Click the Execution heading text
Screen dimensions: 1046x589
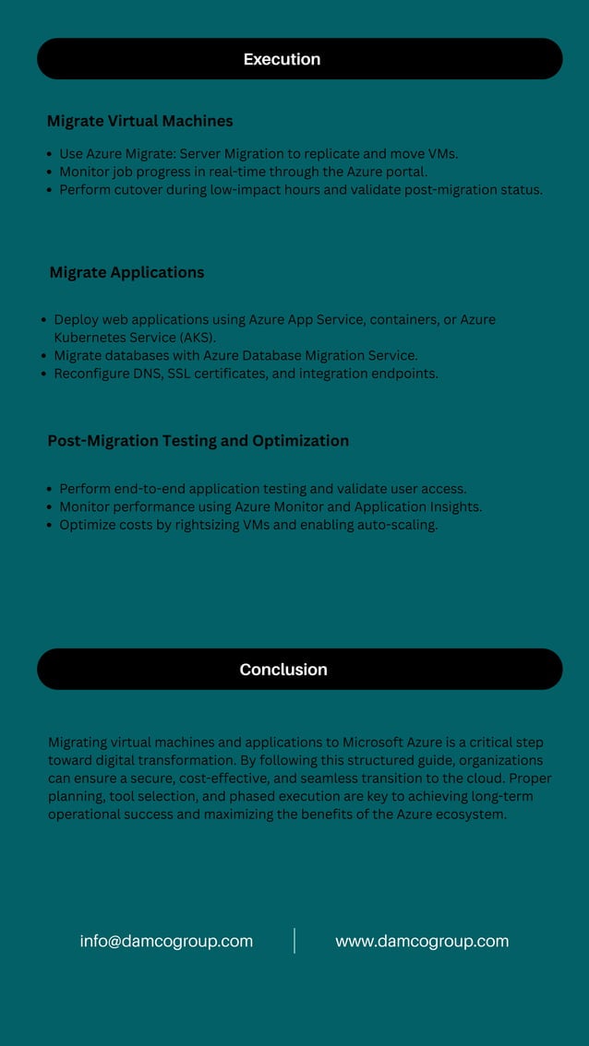pos(282,59)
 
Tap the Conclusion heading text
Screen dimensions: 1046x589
pos(283,670)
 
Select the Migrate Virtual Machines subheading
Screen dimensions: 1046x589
pos(139,121)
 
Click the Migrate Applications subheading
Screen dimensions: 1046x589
pos(126,272)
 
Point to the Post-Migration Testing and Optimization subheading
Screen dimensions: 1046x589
pos(198,441)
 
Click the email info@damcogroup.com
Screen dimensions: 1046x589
pos(166,941)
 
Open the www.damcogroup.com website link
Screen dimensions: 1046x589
pos(422,941)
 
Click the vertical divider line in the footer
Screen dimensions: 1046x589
pos(294,941)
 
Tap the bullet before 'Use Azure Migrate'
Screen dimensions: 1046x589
pos(49,155)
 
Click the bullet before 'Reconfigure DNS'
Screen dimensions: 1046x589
pos(43,374)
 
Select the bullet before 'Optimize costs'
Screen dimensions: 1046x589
pos(49,526)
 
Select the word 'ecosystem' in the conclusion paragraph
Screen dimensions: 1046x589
pos(467,814)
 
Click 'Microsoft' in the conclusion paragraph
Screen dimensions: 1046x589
pos(374,743)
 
